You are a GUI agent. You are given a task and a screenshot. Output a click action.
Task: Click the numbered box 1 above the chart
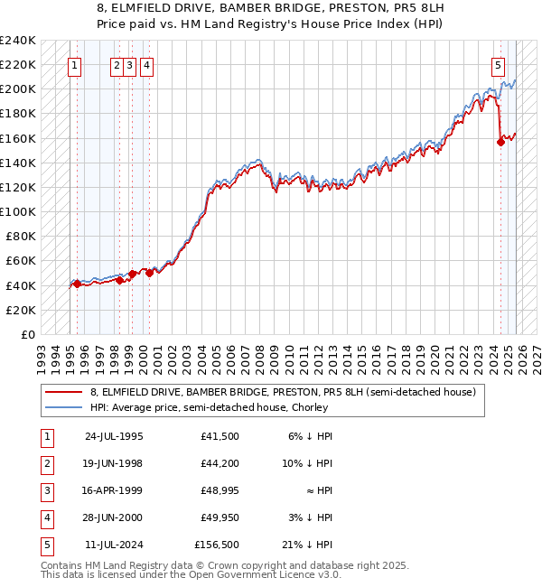(x=74, y=65)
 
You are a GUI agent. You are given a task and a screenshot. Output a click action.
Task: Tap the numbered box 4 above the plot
(x=146, y=65)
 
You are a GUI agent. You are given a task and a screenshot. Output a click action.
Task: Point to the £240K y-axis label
(x=18, y=41)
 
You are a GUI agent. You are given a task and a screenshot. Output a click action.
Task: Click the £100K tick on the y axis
(x=18, y=211)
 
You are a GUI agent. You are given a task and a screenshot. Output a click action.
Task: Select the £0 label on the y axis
(x=29, y=334)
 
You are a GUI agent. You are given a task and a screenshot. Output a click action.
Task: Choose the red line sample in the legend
(x=64, y=391)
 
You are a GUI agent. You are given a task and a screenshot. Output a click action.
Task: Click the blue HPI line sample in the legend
(x=64, y=407)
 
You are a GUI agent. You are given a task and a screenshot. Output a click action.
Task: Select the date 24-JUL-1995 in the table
(x=114, y=436)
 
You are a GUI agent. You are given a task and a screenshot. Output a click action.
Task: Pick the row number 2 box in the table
(x=45, y=463)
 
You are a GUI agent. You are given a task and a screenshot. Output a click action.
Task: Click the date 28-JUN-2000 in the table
(x=114, y=517)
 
